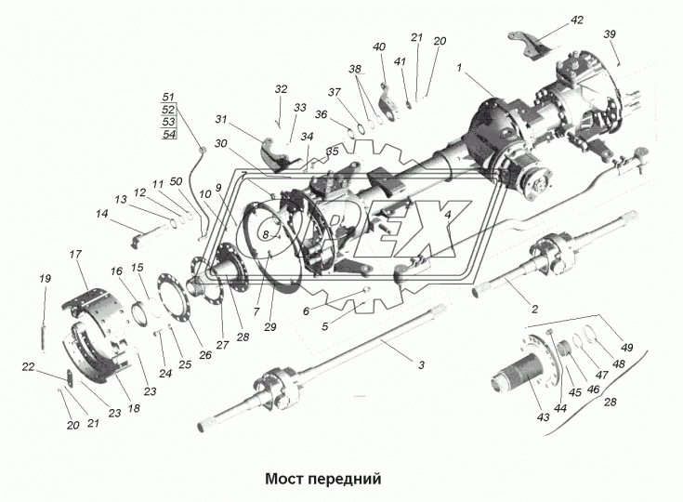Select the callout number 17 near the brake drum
click(x=75, y=253)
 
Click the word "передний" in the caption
click(x=350, y=480)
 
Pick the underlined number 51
click(x=168, y=97)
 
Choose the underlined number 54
click(x=168, y=135)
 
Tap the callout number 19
click(x=44, y=279)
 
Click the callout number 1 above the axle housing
click(x=458, y=67)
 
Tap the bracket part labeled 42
click(x=532, y=48)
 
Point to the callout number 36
click(x=321, y=114)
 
